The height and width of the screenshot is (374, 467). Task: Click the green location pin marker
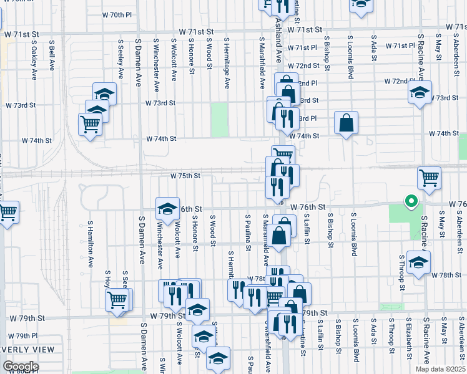[411, 202]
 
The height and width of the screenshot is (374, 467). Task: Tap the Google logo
[21, 367]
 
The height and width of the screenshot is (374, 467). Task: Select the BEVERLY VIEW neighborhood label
[27, 350]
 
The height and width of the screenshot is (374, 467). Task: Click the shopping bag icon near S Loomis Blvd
[346, 123]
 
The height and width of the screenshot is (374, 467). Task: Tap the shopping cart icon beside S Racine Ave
[429, 178]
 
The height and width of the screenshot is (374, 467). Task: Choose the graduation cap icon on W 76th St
[167, 210]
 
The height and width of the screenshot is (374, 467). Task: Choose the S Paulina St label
[248, 233]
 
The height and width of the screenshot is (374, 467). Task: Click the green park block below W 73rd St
[219, 120]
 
